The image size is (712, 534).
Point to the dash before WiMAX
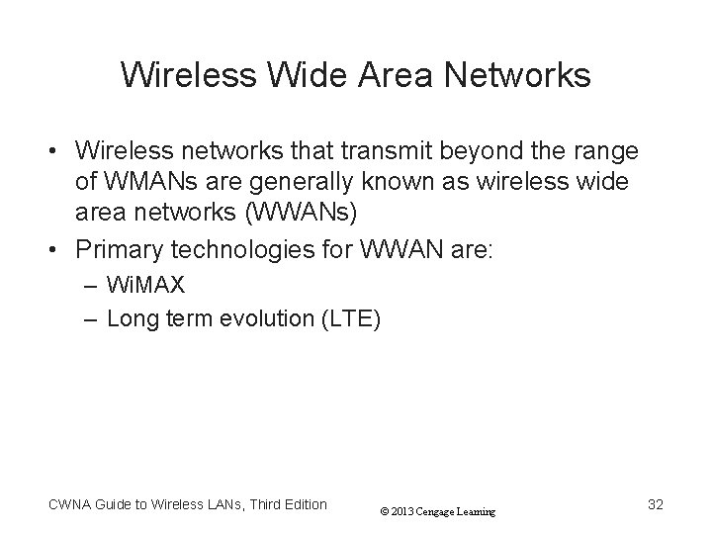(x=91, y=286)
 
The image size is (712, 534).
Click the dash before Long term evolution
(x=91, y=318)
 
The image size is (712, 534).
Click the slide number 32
(x=655, y=504)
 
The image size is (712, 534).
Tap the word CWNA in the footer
(x=69, y=504)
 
